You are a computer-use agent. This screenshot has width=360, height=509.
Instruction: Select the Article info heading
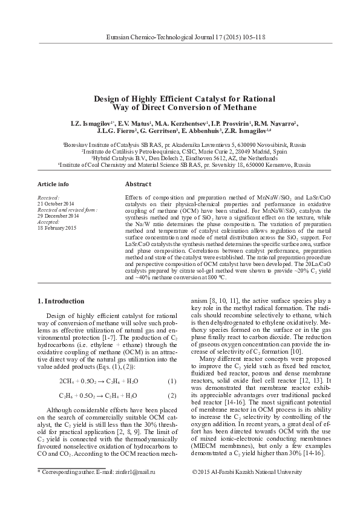[x=53, y=183]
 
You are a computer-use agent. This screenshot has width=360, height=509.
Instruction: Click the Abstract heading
[x=137, y=183]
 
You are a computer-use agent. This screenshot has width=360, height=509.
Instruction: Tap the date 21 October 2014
[x=56, y=203]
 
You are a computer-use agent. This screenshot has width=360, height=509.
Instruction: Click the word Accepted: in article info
[x=49, y=221]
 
